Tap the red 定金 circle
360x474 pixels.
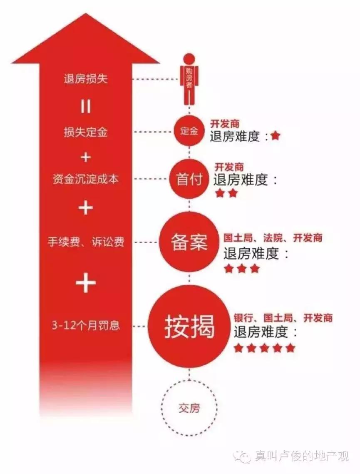point(189,131)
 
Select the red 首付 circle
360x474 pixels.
point(189,179)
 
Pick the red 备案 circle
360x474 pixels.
point(189,243)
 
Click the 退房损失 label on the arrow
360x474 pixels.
point(86,79)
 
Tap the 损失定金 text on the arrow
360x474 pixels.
point(86,132)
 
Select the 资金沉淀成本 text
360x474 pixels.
point(86,179)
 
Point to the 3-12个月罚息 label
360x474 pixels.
point(86,325)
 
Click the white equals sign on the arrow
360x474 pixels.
point(86,107)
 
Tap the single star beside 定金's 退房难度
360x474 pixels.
point(275,136)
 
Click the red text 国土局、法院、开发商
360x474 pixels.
point(273,238)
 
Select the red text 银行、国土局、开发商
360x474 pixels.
point(283,318)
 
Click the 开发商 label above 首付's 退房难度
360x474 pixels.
point(229,167)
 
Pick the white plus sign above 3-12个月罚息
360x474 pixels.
point(86,284)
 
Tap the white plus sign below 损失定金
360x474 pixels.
point(86,157)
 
